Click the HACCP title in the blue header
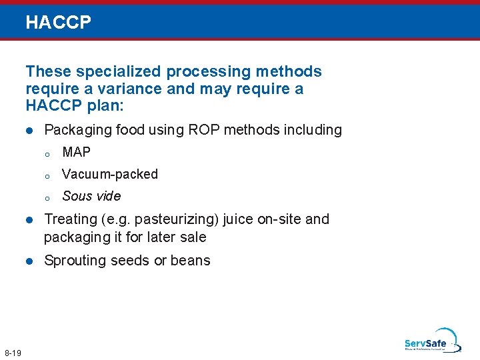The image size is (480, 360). point(58,23)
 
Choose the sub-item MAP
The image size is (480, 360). point(76,152)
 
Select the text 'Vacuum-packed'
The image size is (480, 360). point(110,174)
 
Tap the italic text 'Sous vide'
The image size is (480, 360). point(91,196)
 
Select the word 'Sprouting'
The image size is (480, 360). point(72,261)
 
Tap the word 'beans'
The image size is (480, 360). point(191,261)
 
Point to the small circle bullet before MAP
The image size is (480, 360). point(47,154)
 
